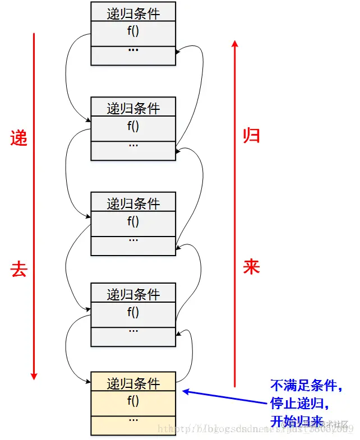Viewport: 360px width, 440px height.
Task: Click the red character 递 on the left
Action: pyautogui.click(x=19, y=138)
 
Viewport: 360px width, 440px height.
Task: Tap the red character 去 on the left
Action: pyautogui.click(x=19, y=270)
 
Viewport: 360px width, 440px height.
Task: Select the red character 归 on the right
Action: pyautogui.click(x=251, y=135)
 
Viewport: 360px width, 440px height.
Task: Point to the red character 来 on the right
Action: pyautogui.click(x=251, y=267)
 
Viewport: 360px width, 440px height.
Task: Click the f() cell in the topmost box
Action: pyautogui.click(x=133, y=31)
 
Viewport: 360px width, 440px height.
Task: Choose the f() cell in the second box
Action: pyautogui.click(x=133, y=126)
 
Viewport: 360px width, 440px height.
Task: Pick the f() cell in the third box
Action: pyautogui.click(x=133, y=221)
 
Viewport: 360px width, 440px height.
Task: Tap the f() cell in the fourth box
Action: pyautogui.click(x=133, y=312)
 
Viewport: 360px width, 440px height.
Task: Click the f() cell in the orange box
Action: pyautogui.click(x=133, y=401)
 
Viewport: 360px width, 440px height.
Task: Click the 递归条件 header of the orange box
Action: pyautogui.click(x=133, y=383)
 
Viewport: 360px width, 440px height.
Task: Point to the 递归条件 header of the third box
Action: pyautogui.click(x=133, y=203)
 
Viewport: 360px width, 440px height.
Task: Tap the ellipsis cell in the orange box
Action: pyautogui.click(x=133, y=419)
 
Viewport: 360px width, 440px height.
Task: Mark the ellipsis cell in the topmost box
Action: pyautogui.click(x=133, y=50)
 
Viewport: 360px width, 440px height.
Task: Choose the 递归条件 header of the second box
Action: pyautogui.click(x=133, y=108)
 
